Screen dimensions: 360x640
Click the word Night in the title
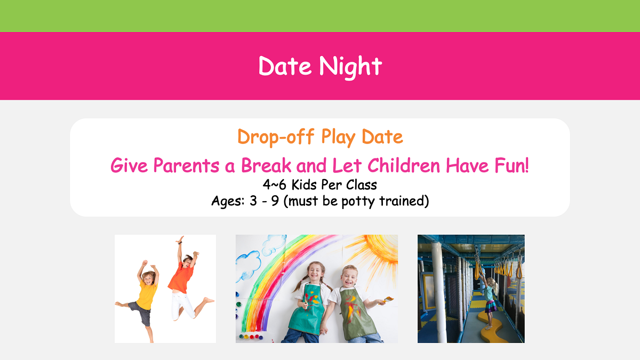[350, 67]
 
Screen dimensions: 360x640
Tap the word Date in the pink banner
[285, 67]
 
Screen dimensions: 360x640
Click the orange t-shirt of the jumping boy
[181, 278]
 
